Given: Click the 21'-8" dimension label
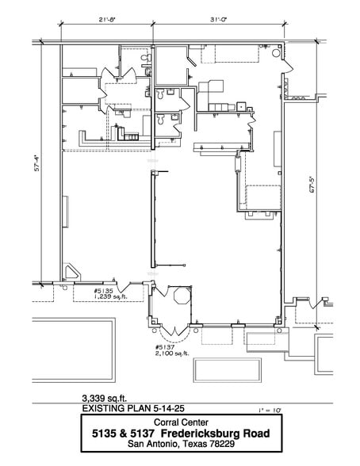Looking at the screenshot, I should click(108, 17).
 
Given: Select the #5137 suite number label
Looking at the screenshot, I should click(167, 346).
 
